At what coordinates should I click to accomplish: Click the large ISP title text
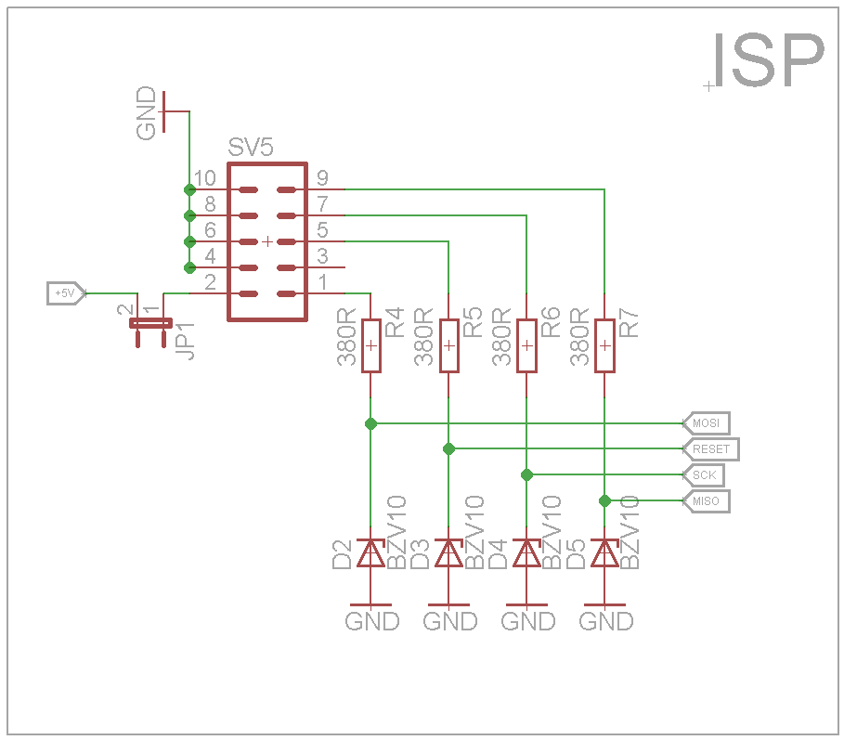point(767,61)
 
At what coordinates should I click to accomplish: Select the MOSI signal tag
point(707,423)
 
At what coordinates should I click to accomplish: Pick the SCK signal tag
point(705,475)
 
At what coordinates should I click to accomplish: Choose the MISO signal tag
point(707,501)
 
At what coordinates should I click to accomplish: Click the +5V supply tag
point(66,293)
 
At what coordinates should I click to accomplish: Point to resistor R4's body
point(370,345)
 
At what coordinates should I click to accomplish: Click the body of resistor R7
point(604,345)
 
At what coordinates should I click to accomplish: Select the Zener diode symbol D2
point(370,553)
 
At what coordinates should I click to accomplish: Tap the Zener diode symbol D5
point(604,553)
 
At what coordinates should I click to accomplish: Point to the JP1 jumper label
point(186,342)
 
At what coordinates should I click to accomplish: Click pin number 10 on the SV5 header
point(206,178)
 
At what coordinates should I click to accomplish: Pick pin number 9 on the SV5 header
point(322,178)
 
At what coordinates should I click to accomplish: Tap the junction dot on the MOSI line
point(370,423)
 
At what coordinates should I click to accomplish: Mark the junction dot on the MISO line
point(604,501)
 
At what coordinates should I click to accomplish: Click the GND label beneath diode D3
point(450,621)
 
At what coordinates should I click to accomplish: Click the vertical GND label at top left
point(147,113)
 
